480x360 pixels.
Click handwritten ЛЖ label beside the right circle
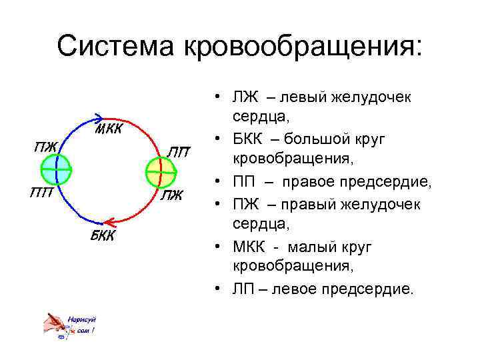click(173, 195)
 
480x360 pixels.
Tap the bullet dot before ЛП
click(219, 289)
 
